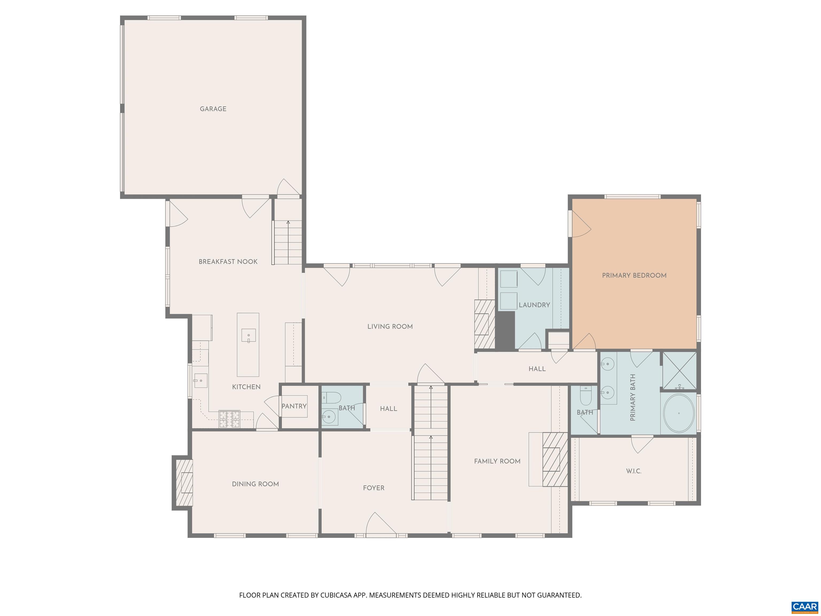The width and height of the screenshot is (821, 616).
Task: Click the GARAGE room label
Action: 213,109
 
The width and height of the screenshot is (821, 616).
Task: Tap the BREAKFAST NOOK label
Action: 228,262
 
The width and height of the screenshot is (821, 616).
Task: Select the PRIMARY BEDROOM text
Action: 634,275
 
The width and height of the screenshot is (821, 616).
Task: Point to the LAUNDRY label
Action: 534,305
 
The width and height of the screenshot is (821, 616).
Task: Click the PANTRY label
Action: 294,406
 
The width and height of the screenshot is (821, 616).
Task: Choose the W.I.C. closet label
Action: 634,471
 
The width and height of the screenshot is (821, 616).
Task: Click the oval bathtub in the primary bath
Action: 679,413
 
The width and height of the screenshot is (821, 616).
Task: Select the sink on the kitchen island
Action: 249,335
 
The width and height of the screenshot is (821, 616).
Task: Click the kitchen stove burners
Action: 229,419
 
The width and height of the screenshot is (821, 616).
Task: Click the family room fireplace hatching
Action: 555,459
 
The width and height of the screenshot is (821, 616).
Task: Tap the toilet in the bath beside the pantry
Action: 331,398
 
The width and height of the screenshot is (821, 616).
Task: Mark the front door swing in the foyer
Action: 381,524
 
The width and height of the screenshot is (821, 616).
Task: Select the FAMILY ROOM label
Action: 497,461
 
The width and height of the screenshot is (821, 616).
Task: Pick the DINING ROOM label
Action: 255,484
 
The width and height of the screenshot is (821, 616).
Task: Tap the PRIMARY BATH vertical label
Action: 633,397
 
